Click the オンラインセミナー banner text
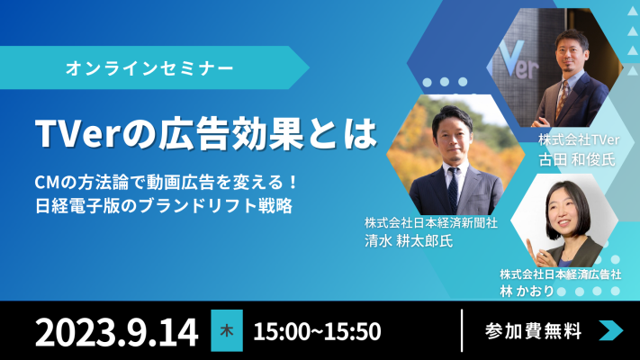149,67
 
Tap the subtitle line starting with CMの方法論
166,183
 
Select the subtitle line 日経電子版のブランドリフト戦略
164,206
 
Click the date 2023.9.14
117,332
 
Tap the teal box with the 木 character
227,330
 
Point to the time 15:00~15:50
317,331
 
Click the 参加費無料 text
533,331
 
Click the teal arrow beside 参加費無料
611,330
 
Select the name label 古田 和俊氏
577,159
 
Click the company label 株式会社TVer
579,140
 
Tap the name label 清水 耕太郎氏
409,241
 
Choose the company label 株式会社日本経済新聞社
431,223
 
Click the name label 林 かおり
527,291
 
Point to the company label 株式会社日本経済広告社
561,274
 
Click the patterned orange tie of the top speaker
563,99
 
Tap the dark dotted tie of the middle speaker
453,189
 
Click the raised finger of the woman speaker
530,247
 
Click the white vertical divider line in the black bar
462,330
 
